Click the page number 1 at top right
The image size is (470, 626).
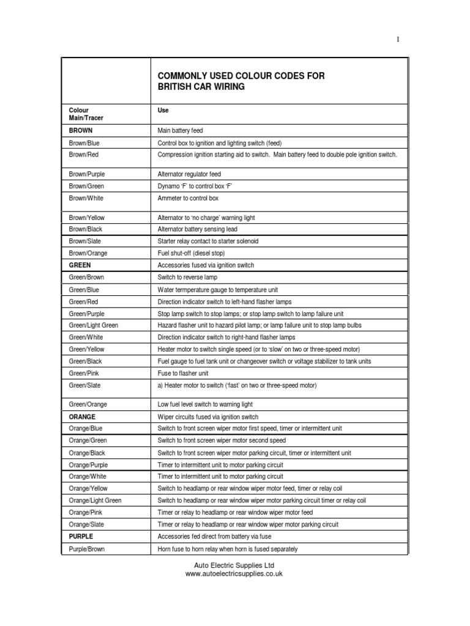(x=398, y=40)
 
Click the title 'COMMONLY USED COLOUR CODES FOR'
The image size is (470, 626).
(x=241, y=76)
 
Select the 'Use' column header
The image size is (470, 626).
(x=163, y=111)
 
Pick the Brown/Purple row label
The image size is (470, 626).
(x=87, y=174)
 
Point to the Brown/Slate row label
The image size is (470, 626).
(x=86, y=241)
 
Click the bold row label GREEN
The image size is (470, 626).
(x=80, y=265)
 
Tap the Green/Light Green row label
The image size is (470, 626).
(x=94, y=325)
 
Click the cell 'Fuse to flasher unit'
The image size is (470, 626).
(x=183, y=373)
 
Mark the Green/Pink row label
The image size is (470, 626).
(x=84, y=373)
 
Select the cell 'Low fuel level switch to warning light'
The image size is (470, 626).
(x=205, y=404)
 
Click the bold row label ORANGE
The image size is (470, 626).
(x=83, y=416)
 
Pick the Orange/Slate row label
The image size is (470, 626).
(x=86, y=525)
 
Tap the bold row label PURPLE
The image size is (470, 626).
(x=81, y=536)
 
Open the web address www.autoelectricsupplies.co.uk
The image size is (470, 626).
(x=234, y=575)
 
